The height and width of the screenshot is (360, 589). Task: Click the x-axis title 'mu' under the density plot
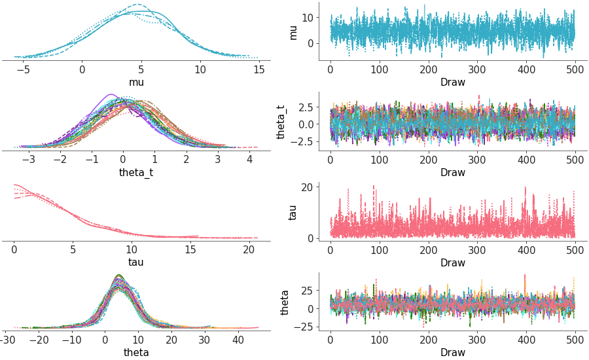(x=136, y=82)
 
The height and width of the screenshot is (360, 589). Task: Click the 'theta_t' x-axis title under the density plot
(x=136, y=173)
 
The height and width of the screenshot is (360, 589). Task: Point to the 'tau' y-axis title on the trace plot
(x=293, y=212)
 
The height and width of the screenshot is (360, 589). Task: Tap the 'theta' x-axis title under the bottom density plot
(x=136, y=353)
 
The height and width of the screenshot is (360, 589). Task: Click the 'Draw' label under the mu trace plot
(x=452, y=82)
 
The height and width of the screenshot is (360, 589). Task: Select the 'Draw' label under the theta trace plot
(x=452, y=353)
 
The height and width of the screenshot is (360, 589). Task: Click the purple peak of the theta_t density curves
(x=111, y=95)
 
